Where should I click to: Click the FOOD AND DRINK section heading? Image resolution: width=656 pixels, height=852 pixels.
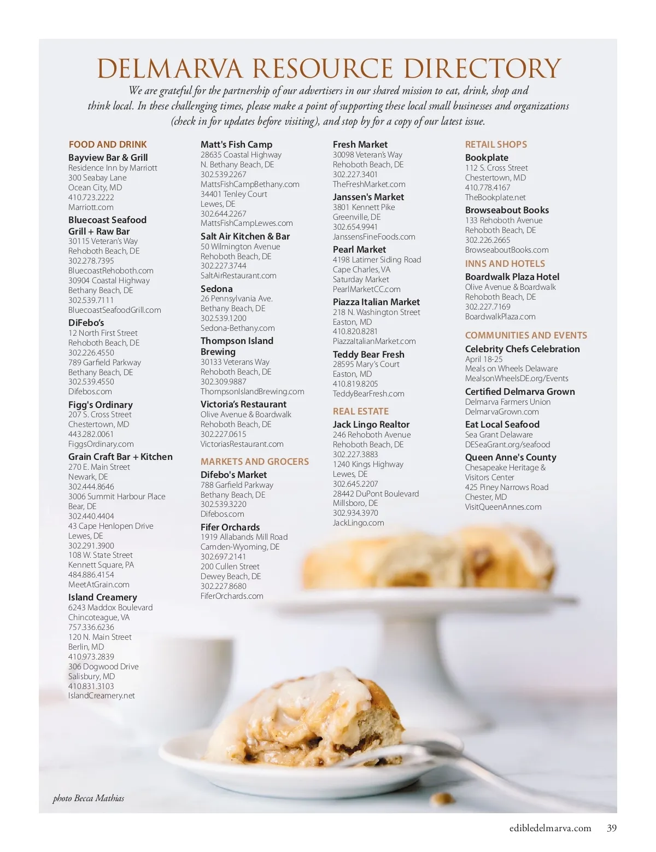coord(108,144)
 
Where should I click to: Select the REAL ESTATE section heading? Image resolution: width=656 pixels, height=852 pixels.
coord(361,411)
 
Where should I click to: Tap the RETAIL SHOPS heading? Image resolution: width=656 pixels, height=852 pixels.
coord(496,144)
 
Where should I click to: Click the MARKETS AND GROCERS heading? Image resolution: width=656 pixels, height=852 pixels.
coord(255,462)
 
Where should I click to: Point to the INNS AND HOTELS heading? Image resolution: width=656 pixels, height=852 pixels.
coord(505,264)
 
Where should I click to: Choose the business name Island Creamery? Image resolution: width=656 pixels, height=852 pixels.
coord(103,597)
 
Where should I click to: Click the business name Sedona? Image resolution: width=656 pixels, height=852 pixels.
coord(216,289)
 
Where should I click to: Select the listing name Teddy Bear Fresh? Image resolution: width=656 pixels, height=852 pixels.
coord(368,354)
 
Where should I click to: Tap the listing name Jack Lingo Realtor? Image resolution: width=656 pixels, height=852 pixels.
coord(371,424)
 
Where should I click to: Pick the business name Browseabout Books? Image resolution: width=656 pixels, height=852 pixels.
coord(507,210)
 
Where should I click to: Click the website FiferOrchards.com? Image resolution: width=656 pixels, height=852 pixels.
coord(232,596)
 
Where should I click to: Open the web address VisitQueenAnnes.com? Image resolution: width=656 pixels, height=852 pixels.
coord(503,507)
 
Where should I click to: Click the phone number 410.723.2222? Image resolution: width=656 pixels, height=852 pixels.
coord(91,197)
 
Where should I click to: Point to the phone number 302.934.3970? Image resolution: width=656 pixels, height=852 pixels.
coord(355,513)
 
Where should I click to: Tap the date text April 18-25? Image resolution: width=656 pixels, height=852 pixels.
coord(484,359)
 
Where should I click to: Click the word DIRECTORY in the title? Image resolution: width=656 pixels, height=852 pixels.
coord(482,69)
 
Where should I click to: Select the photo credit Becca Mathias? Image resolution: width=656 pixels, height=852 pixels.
coord(99,798)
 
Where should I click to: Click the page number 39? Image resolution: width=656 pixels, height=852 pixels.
coord(612,828)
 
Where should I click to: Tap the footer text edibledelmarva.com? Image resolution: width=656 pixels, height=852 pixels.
coord(550,828)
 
